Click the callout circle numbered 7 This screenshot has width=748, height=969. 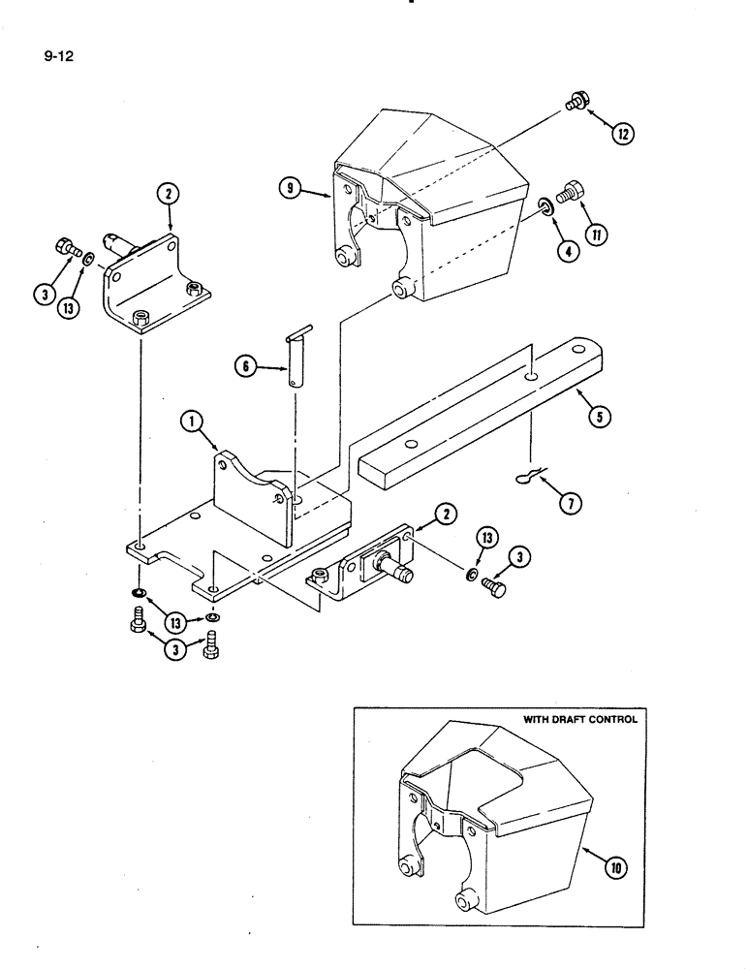point(572,501)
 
